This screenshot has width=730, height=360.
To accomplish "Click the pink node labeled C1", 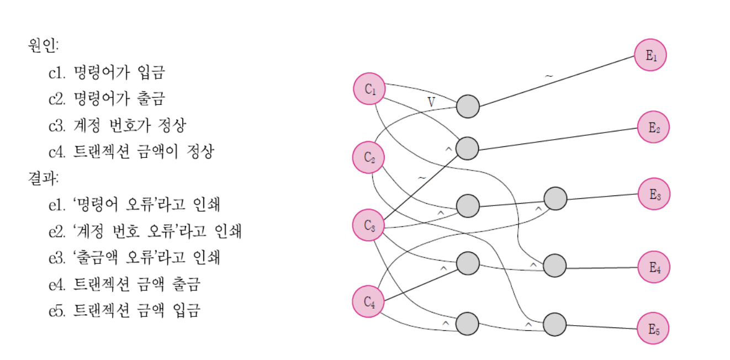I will (x=370, y=89).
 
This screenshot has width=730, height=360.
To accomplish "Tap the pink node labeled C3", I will (x=369, y=225).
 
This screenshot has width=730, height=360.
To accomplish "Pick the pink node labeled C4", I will (x=369, y=301).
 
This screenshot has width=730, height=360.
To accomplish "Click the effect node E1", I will (x=650, y=55).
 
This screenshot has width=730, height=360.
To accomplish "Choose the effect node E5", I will (x=654, y=330).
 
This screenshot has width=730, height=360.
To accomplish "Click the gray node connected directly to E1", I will (x=468, y=107).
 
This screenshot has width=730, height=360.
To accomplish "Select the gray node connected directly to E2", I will (x=468, y=149).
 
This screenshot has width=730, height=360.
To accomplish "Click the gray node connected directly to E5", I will (x=555, y=324).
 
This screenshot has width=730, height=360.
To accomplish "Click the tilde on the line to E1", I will (x=548, y=76).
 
